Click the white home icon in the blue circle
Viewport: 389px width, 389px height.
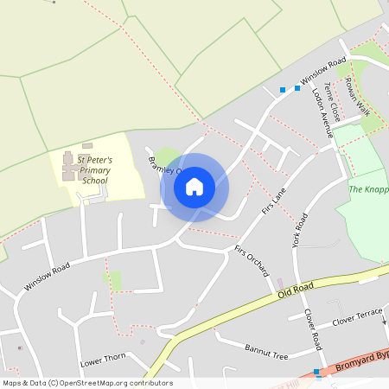click(x=194, y=186)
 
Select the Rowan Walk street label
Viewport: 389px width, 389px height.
click(x=357, y=96)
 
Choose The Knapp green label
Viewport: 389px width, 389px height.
click(x=368, y=189)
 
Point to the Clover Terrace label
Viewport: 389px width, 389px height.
click(x=357, y=316)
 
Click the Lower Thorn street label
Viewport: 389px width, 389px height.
click(x=103, y=360)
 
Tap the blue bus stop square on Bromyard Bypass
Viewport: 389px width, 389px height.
click(x=317, y=373)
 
